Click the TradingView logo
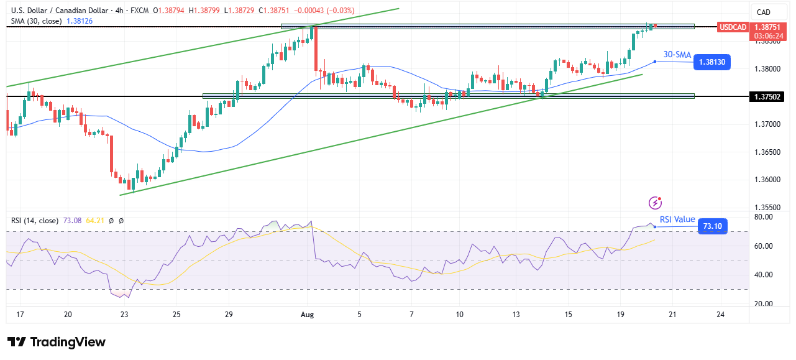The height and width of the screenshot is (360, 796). tap(56, 342)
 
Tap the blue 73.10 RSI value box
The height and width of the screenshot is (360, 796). tap(712, 226)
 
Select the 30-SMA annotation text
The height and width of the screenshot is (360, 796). tap(677, 55)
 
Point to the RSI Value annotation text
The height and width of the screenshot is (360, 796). tap(677, 219)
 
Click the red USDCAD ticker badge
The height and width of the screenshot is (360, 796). tap(732, 27)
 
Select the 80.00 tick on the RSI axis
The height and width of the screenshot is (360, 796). tap(762, 217)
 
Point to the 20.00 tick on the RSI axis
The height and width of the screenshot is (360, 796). tap(762, 304)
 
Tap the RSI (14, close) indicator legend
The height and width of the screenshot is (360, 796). tap(35, 221)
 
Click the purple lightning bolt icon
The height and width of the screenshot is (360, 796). tap(655, 203)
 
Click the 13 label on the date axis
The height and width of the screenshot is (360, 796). tap(516, 315)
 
